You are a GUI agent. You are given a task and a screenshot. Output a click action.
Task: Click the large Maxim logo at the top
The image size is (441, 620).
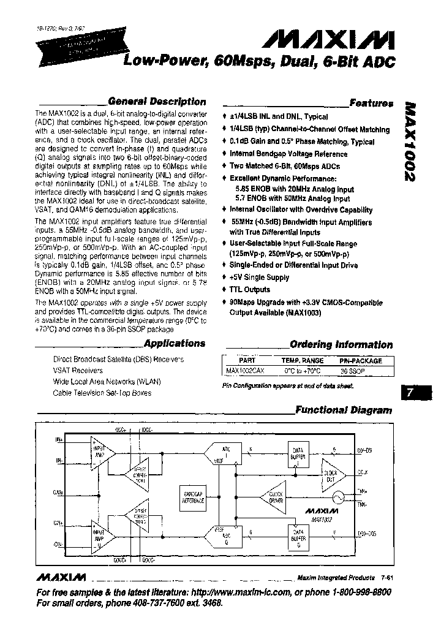(x=328, y=41)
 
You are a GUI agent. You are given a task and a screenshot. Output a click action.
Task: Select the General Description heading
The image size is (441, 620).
(x=156, y=102)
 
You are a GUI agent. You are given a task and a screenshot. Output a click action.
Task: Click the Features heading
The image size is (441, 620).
(x=371, y=104)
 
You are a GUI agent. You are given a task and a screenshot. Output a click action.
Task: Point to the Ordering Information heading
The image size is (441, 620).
(x=341, y=345)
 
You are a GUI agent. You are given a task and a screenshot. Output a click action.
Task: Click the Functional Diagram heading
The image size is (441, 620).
(x=344, y=410)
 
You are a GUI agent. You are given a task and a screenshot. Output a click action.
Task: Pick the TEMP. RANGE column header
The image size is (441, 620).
(x=302, y=361)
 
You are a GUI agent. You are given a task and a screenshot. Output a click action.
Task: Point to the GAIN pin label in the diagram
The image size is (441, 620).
(x=58, y=492)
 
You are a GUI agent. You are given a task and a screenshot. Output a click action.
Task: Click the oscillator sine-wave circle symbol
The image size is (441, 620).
(x=336, y=496)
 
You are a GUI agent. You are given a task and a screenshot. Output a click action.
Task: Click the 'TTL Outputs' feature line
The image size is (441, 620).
(x=250, y=290)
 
